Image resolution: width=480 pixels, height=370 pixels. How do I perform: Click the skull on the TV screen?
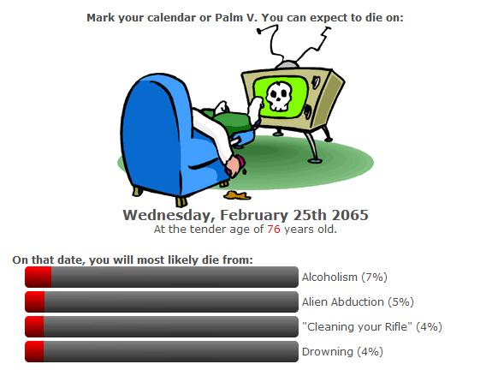278,96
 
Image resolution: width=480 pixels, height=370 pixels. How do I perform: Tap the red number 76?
273,230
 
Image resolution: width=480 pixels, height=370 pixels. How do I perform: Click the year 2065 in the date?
350,215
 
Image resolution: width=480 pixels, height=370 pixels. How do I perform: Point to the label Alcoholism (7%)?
345,277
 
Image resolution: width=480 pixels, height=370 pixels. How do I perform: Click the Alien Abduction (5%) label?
358,302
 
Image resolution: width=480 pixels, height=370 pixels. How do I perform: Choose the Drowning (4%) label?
342,352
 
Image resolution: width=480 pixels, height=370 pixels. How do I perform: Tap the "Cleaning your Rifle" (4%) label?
372,327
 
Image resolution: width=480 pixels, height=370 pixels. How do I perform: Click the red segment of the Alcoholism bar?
39,277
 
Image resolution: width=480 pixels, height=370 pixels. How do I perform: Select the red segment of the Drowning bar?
34,352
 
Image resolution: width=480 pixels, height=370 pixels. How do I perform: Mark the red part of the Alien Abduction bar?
35,302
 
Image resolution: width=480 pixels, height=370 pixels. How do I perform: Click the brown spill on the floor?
237,195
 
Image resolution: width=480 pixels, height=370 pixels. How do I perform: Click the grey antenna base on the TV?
287,65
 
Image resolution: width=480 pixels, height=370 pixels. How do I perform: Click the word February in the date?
254,216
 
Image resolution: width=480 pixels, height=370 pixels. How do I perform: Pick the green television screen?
280,97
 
